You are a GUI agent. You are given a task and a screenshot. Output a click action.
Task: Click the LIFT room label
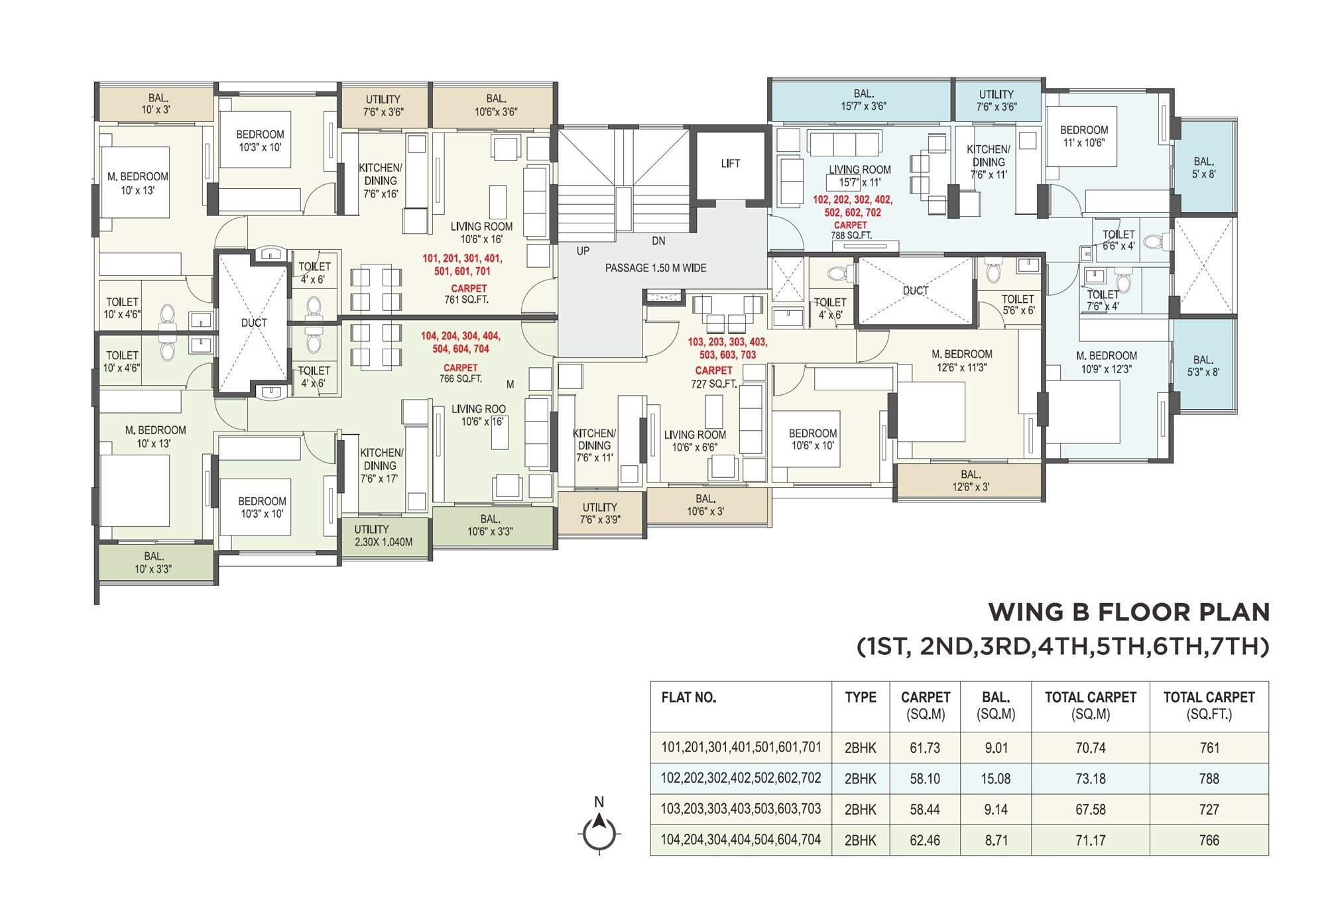coord(730,163)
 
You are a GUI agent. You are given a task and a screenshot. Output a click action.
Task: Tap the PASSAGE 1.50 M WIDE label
coord(655,268)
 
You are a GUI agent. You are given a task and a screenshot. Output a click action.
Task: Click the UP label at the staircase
coord(583,251)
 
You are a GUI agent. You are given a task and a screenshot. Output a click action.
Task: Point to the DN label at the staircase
coord(658,241)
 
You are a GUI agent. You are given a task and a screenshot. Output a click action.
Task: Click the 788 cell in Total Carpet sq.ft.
coord(1209,779)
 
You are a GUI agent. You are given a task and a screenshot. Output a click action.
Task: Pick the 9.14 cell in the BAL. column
coord(996,809)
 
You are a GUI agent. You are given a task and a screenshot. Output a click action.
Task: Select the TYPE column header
coord(860,697)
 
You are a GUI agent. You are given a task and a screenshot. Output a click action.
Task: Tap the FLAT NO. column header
coord(688,697)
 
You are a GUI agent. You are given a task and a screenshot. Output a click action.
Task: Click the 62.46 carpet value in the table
coord(924,840)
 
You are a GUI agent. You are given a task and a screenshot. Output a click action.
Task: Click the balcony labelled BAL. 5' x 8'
coord(1203,168)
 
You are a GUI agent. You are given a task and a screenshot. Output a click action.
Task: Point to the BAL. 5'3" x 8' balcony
coord(1203,366)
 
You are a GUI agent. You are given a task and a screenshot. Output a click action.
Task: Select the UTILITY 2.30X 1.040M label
coord(383,536)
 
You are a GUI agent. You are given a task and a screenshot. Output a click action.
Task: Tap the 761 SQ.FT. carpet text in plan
coord(466,300)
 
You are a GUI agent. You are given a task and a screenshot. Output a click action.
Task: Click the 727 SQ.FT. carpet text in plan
coord(713,384)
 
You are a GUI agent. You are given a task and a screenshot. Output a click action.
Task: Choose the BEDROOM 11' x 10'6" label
coord(1083,136)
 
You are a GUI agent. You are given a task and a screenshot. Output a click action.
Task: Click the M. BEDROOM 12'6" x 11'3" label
coord(961,361)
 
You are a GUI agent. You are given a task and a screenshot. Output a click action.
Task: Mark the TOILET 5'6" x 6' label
coord(1018,304)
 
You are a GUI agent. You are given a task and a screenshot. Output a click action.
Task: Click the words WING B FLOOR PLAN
coord(1128,612)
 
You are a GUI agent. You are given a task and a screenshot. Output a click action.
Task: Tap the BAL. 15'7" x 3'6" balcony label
coord(863,99)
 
